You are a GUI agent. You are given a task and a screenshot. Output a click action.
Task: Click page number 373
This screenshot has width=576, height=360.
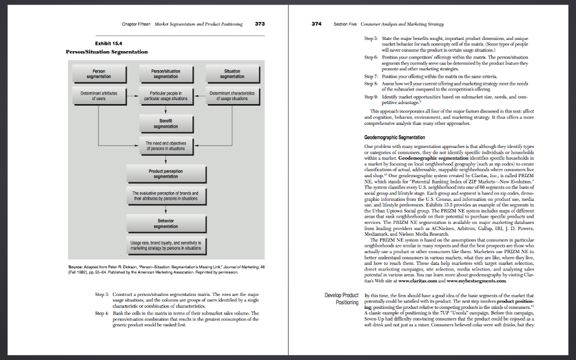pyautogui.click(x=260, y=24)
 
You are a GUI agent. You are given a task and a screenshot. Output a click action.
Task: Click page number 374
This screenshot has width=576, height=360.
pyautogui.click(x=317, y=24)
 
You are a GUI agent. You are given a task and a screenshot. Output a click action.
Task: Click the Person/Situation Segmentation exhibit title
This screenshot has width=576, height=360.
pyautogui.click(x=107, y=52)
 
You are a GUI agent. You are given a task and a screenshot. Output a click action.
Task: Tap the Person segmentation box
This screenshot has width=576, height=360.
pyautogui.click(x=99, y=74)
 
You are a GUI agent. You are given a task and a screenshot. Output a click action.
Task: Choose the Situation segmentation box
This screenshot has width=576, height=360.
pyautogui.click(x=232, y=74)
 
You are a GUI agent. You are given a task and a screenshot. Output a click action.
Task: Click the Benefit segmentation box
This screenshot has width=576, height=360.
pyautogui.click(x=165, y=123)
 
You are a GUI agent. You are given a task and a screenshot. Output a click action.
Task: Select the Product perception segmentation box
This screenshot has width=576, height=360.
pyautogui.click(x=165, y=173)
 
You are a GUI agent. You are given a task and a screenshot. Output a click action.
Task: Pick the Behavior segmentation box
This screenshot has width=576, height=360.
pyautogui.click(x=165, y=223)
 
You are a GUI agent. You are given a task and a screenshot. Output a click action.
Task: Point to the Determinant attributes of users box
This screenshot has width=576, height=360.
pyautogui.click(x=99, y=95)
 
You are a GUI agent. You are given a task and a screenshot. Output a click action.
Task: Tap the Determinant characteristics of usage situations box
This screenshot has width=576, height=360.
pyautogui.click(x=232, y=95)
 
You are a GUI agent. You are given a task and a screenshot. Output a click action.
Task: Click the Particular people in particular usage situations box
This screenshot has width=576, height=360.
pyautogui.click(x=165, y=95)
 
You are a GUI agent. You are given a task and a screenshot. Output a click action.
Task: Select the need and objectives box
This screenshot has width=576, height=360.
pyautogui.click(x=165, y=146)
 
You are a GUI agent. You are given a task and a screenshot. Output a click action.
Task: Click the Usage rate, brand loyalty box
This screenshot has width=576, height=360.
pyautogui.click(x=165, y=245)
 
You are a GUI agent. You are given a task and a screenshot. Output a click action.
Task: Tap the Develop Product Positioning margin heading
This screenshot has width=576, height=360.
pyautogui.click(x=342, y=299)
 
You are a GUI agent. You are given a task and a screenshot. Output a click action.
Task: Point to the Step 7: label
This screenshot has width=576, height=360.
pyautogui.click(x=371, y=75)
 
